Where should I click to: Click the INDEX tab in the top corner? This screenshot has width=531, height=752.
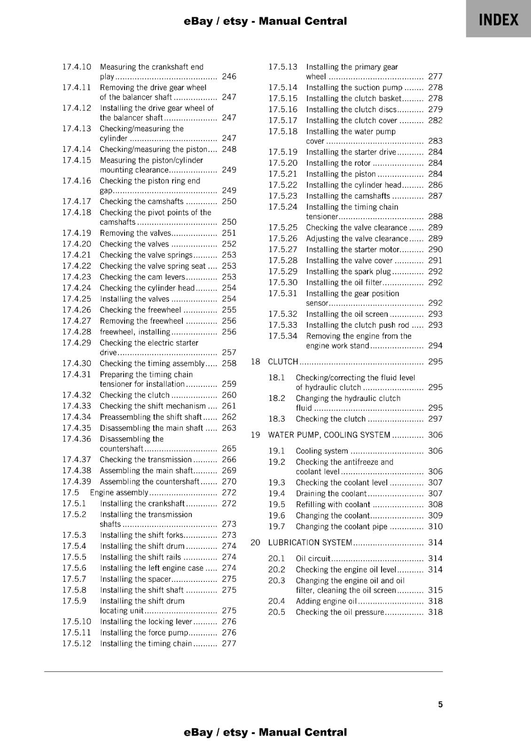coord(499,20)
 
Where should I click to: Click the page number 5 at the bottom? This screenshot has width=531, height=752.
coord(440,705)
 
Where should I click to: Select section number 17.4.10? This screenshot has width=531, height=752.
coord(77,67)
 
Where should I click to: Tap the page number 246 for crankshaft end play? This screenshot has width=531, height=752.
coord(229,77)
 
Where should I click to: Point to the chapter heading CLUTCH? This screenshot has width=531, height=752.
coord(283,361)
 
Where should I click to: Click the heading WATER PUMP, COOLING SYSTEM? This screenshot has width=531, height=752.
coord(329,435)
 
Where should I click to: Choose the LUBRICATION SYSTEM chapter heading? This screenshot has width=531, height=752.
coord(310,542)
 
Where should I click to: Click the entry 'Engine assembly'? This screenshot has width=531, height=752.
coord(119,493)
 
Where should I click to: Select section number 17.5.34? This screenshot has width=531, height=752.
coord(283,336)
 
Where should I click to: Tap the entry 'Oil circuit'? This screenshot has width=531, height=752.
coord(313,558)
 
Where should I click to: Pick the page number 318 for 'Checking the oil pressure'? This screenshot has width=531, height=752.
coord(435,612)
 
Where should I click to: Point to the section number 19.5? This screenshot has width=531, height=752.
coord(277,504)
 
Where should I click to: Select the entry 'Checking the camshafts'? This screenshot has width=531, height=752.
coord(141,202)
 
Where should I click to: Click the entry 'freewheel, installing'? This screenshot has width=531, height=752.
coord(135,332)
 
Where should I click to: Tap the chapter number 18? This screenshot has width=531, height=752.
coord(255,361)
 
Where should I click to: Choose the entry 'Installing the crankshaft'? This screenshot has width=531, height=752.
coord(142,503)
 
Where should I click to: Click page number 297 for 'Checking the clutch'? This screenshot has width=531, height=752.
coord(435,419)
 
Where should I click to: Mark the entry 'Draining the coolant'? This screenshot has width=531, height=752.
coord(331,493)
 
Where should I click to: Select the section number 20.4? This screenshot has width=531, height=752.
coord(277,601)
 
